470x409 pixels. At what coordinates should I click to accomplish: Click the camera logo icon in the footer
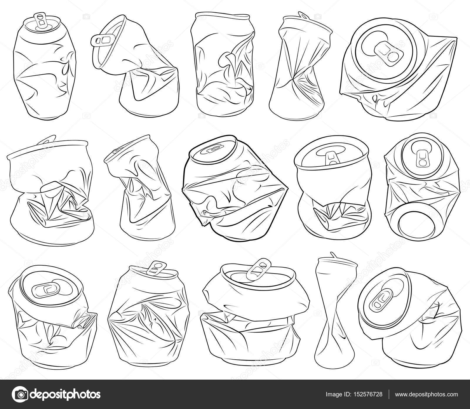21,394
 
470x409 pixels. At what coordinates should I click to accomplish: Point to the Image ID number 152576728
366,394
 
